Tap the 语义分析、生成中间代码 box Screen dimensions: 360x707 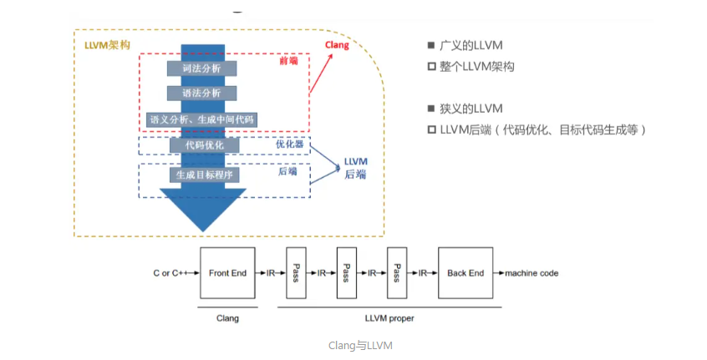(202, 119)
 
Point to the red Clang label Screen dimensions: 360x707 (337, 46)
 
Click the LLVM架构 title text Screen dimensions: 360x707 (107, 43)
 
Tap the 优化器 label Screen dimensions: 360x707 (288, 144)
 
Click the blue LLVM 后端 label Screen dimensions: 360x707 (355, 167)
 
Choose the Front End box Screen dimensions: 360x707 (227, 273)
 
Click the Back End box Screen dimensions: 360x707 (465, 273)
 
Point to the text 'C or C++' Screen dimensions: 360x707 (171, 273)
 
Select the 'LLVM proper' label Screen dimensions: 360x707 (389, 318)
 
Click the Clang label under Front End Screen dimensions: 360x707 (227, 318)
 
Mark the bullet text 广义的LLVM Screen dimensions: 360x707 (470, 46)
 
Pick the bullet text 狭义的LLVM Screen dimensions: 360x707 (470, 109)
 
